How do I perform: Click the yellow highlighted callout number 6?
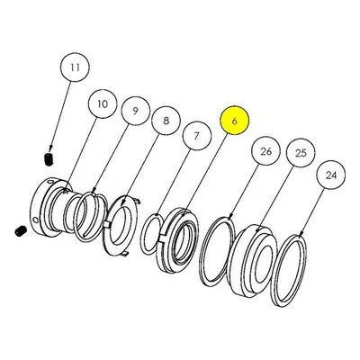coord(235,121)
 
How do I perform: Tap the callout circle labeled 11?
coord(75,67)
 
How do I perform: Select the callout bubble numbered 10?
coord(103,104)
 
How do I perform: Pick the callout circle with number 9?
coord(135,111)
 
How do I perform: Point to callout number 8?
coord(166,121)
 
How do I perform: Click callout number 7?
coord(197,136)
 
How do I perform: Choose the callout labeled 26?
coord(265,151)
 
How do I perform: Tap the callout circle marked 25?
coord(301,153)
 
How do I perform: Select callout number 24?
coord(331,175)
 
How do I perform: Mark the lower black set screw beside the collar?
coord(21,231)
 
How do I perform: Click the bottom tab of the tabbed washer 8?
coord(125,254)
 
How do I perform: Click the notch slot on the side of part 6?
coord(162,238)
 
